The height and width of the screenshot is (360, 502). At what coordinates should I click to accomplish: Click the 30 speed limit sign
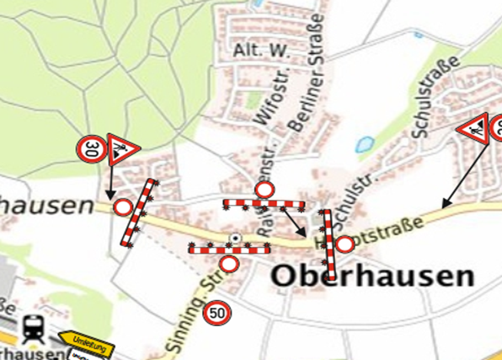coord(92,150)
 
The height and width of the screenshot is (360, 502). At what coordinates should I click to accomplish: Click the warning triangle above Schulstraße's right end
coord(473,129)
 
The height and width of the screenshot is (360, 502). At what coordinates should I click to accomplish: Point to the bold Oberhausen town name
coord(371,277)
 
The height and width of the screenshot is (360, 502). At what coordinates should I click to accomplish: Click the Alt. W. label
coord(262,51)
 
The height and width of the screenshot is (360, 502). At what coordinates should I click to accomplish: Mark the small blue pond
coord(366,143)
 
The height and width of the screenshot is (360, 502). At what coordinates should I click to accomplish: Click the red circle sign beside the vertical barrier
coord(344,245)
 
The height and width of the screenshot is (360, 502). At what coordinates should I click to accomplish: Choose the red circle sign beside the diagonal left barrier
coord(124,207)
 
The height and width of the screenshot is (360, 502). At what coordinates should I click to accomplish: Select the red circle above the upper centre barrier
coord(264,190)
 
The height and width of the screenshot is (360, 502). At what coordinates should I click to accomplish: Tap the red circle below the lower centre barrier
coord(229,264)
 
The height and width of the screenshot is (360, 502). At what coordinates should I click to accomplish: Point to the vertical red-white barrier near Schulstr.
coord(328,245)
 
